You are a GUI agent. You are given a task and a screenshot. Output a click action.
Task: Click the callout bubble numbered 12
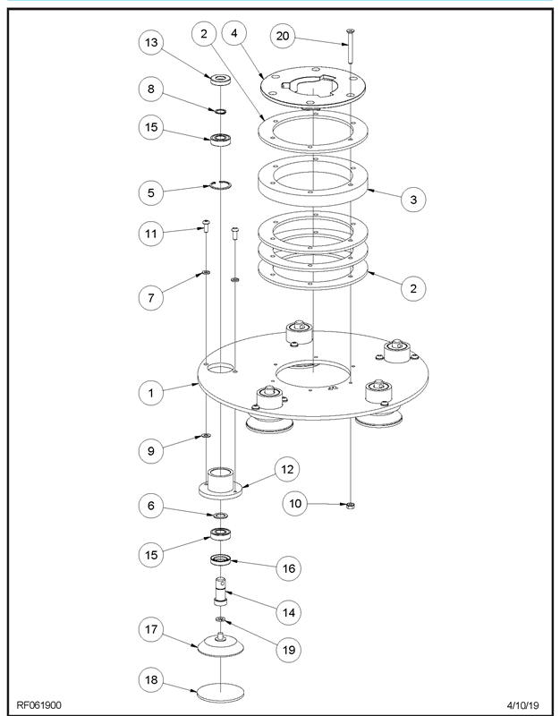pyautogui.click(x=288, y=468)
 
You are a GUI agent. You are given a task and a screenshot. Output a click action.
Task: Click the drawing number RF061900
pyautogui.click(x=39, y=704)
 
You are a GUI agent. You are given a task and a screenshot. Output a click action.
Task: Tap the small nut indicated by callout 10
pyautogui.click(x=351, y=506)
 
